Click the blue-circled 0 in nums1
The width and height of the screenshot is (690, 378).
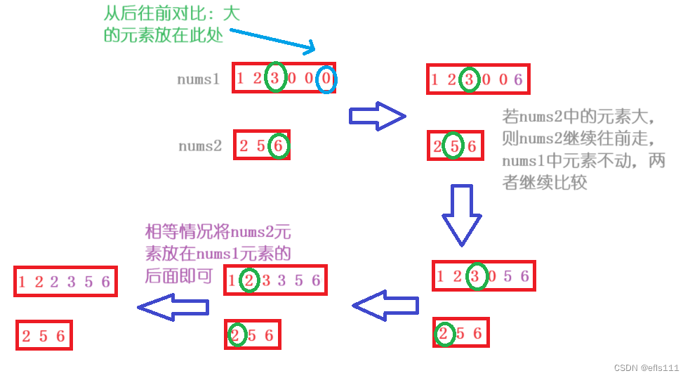[326, 79]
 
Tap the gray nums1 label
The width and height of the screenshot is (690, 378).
[198, 79]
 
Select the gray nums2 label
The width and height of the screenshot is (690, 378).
[199, 146]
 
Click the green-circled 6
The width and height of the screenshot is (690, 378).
[279, 146]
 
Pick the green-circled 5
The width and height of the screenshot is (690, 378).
[454, 147]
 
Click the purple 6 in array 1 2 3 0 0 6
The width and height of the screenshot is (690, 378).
[518, 80]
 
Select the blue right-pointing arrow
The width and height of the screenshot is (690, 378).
[378, 115]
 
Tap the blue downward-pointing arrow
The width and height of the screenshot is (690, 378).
[461, 214]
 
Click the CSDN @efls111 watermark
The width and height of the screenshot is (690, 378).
[646, 367]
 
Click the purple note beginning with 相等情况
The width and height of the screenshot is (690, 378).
[218, 253]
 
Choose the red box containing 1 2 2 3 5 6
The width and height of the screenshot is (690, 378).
[65, 282]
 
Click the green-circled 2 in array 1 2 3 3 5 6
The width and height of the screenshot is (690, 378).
[249, 281]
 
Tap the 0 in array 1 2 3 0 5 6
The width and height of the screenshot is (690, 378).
[491, 277]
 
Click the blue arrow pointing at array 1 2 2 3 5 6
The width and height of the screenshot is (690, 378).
[173, 307]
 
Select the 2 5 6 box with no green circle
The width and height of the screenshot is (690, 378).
[44, 336]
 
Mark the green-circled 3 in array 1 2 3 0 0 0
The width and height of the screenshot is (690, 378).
[276, 79]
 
